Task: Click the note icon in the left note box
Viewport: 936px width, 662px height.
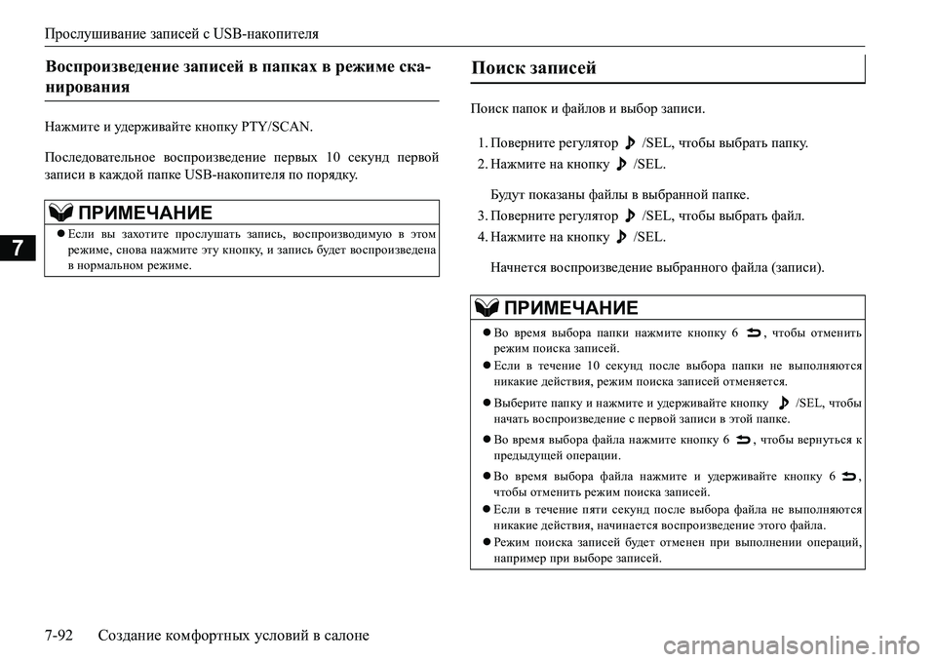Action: [x=58, y=213]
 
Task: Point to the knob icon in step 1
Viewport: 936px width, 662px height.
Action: [x=629, y=142]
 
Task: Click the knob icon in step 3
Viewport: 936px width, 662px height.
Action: [x=629, y=215]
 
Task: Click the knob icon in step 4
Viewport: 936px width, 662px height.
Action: [x=620, y=236]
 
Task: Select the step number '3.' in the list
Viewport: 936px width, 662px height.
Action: [x=484, y=216]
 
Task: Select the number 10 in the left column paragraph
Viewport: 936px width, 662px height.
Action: [x=330, y=156]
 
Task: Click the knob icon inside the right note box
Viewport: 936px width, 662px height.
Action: [x=783, y=402]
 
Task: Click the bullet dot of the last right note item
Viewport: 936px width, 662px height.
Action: [x=485, y=541]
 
